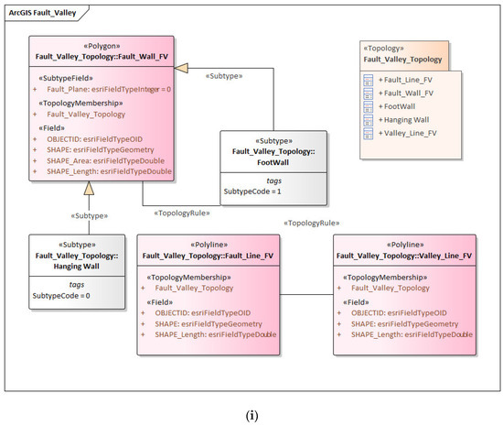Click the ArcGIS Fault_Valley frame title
click(x=42, y=13)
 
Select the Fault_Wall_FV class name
click(x=102, y=57)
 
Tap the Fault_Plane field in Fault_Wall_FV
click(x=109, y=89)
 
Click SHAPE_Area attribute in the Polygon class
click(x=105, y=160)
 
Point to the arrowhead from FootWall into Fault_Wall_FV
click(x=181, y=68)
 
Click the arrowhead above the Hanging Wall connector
click(x=90, y=188)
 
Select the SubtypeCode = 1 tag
click(x=252, y=191)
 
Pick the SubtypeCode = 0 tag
click(x=61, y=296)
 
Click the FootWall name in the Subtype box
click(x=273, y=162)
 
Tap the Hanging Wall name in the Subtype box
click(x=76, y=267)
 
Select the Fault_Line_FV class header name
click(x=208, y=256)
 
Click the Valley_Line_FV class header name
click(x=404, y=256)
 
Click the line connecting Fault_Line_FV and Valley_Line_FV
click(x=306, y=294)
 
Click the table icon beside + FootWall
click(x=368, y=106)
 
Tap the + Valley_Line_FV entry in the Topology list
click(x=407, y=133)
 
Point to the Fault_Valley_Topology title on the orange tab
click(x=402, y=60)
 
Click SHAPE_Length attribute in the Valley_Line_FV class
click(x=412, y=334)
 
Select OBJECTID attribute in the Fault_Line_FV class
click(x=203, y=313)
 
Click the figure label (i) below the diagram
click(x=251, y=415)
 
